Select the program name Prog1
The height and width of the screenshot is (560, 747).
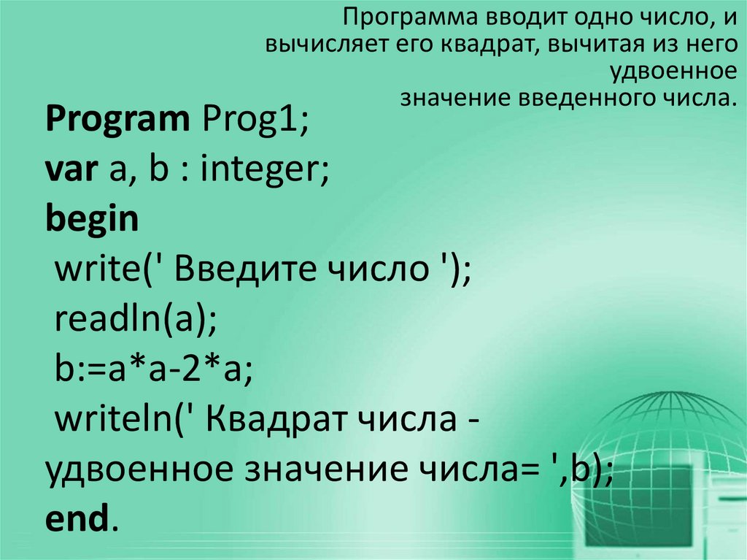pyautogui.click(x=252, y=120)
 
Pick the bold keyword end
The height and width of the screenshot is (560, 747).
pyautogui.click(x=77, y=520)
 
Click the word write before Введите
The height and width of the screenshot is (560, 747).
pyautogui.click(x=92, y=270)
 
